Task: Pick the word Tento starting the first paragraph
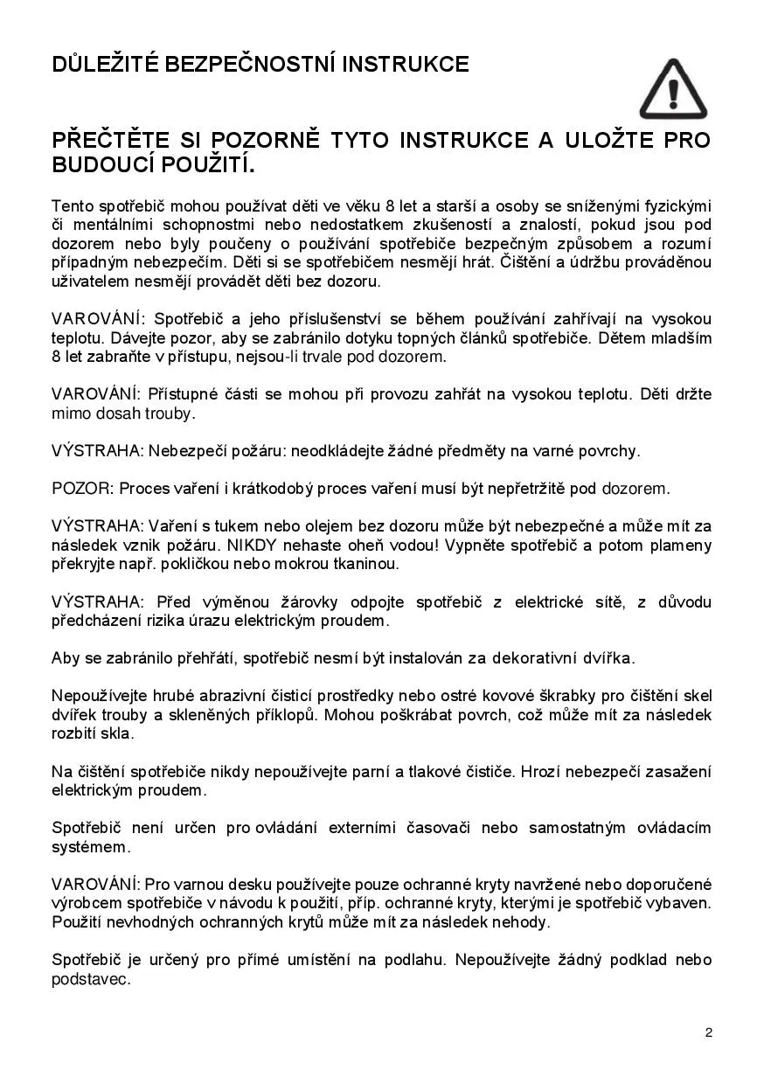(71, 206)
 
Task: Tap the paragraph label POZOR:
(83, 489)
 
